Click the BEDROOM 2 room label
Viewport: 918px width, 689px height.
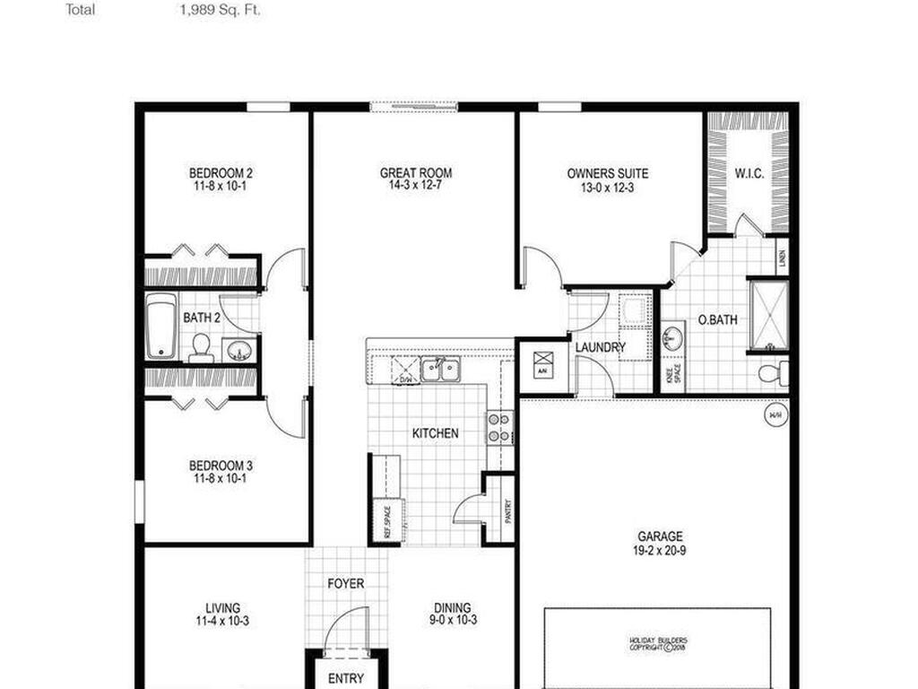tap(221, 173)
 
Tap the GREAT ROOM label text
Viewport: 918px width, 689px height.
tap(415, 173)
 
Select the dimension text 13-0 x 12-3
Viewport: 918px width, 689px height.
tap(607, 188)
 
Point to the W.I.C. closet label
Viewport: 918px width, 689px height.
tap(749, 173)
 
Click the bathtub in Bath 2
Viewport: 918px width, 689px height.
tap(162, 326)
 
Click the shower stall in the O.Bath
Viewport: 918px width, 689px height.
tap(768, 314)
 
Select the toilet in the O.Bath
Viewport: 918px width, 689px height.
tap(771, 371)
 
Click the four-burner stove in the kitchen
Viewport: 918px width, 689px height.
tap(499, 427)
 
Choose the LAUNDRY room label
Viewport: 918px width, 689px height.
tap(600, 347)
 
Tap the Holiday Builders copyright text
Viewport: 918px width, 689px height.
tap(657, 643)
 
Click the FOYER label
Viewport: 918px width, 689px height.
tap(345, 584)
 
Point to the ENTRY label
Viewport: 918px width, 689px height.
tap(345, 678)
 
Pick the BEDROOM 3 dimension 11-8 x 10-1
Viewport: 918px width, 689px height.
tap(221, 479)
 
